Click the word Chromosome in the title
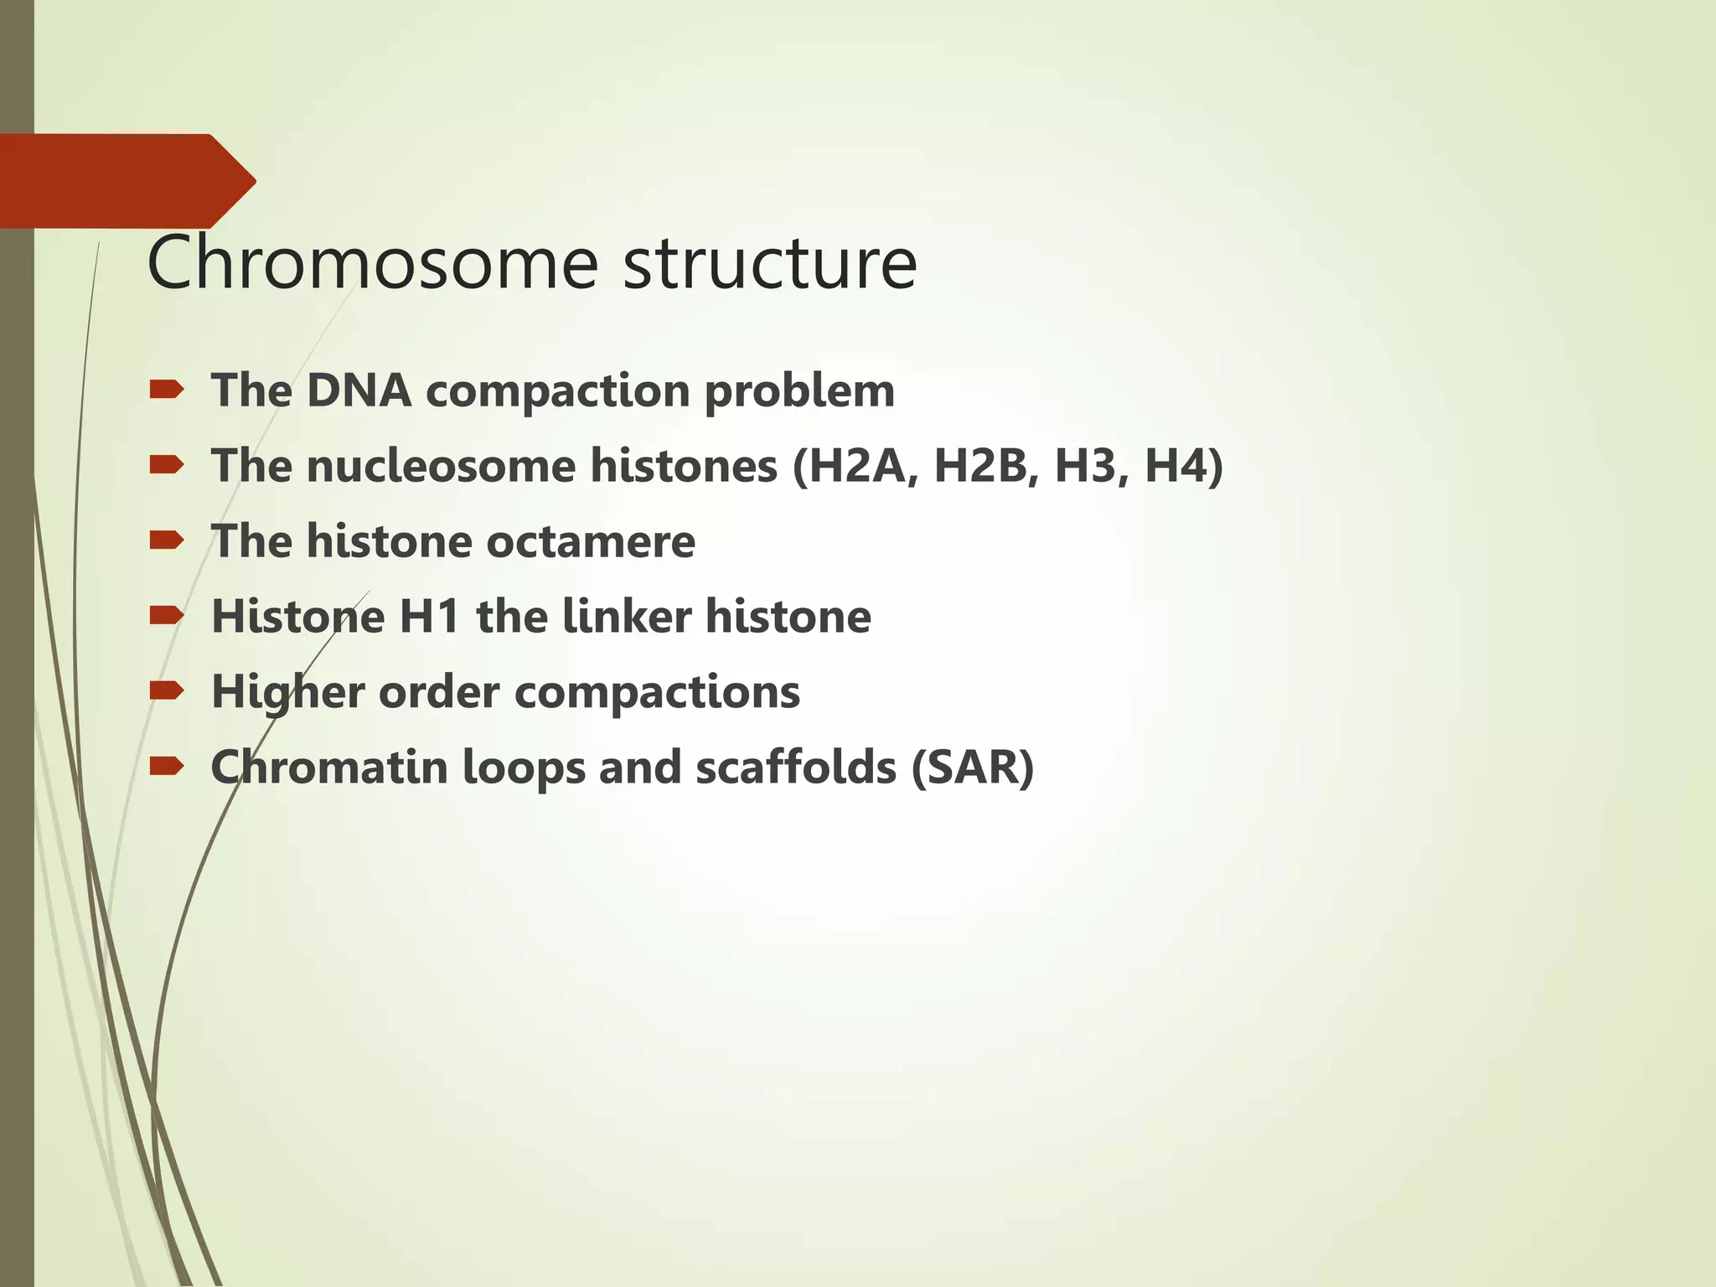tap(372, 263)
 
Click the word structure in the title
tap(770, 265)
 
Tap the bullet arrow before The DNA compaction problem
tap(166, 390)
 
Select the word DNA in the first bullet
tap(359, 390)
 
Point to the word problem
tap(799, 392)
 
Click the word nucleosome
tap(441, 466)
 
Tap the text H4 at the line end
tap(1176, 466)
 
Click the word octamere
tap(591, 541)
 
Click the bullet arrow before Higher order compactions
tap(166, 690)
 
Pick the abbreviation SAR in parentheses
tap(972, 768)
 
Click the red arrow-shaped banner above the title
tap(126, 180)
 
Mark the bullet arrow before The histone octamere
tap(166, 540)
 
